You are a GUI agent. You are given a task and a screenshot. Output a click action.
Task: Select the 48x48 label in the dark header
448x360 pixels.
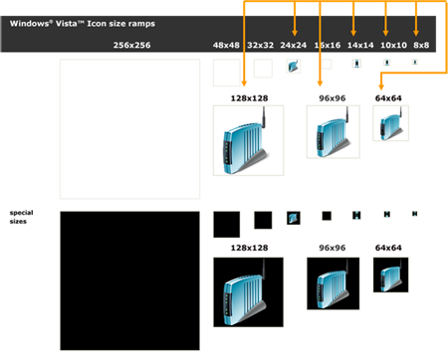(227, 45)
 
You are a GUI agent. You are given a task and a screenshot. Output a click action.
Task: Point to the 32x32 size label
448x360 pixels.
(261, 45)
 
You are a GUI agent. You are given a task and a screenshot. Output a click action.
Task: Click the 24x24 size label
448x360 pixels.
(293, 45)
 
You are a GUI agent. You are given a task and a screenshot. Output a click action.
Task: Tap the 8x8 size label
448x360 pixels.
(421, 45)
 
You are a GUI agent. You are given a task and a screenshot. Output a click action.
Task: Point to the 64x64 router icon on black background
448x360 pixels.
(390, 274)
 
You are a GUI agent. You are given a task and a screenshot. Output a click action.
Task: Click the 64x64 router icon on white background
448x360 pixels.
(389, 123)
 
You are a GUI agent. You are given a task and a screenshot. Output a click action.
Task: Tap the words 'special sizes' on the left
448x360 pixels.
(21, 217)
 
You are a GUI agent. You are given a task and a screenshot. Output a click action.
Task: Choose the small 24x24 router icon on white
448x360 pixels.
(293, 67)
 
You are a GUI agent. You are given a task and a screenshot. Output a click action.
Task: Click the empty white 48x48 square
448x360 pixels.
(227, 73)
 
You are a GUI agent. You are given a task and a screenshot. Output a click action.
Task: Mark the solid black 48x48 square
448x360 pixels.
(227, 224)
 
